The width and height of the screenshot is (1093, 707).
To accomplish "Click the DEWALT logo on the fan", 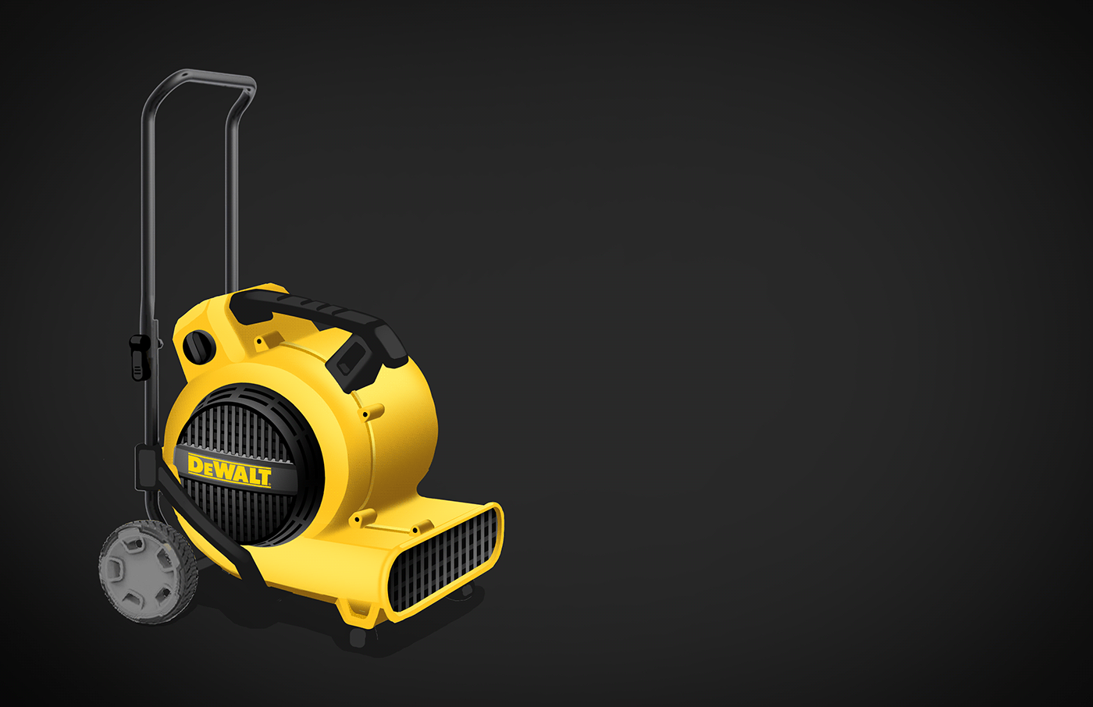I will click(x=230, y=469).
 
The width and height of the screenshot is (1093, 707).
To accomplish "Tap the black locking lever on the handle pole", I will click(x=139, y=356).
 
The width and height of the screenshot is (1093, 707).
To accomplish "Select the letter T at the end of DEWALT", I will click(x=265, y=476).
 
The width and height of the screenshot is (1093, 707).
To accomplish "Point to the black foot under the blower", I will click(x=358, y=638).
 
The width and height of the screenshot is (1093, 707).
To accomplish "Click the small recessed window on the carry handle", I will click(x=347, y=360).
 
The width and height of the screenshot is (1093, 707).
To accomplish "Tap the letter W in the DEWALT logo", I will click(x=225, y=470).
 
